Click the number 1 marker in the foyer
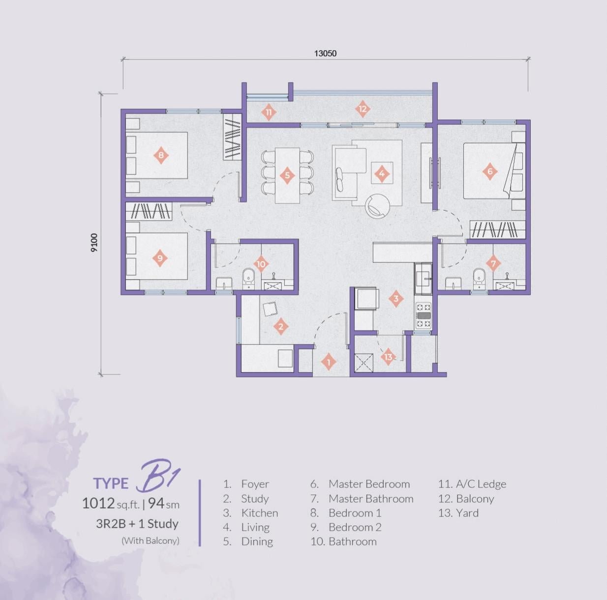[x=329, y=362]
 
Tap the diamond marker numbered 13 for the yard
[x=388, y=357]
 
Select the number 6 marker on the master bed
[x=489, y=171]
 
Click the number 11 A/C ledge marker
[x=269, y=112]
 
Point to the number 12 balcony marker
[x=363, y=109]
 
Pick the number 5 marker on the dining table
[x=287, y=175]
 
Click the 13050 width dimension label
[x=325, y=53]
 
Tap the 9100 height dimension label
[x=94, y=243]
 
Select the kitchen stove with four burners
[x=424, y=315]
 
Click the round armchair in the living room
[x=377, y=205]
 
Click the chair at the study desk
[x=270, y=309]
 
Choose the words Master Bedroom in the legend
[x=369, y=484]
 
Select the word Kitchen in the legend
[x=259, y=513]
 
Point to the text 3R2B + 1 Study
[x=137, y=524]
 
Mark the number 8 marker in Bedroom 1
[x=161, y=156]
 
